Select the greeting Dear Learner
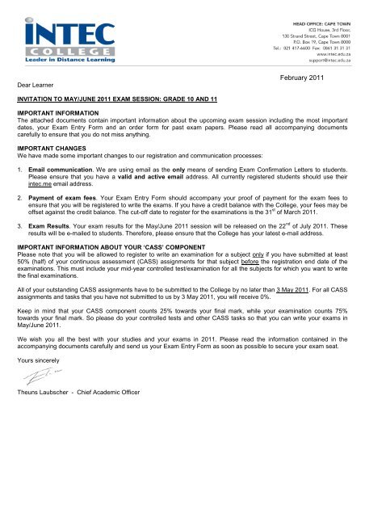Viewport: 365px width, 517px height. tap(31, 82)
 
